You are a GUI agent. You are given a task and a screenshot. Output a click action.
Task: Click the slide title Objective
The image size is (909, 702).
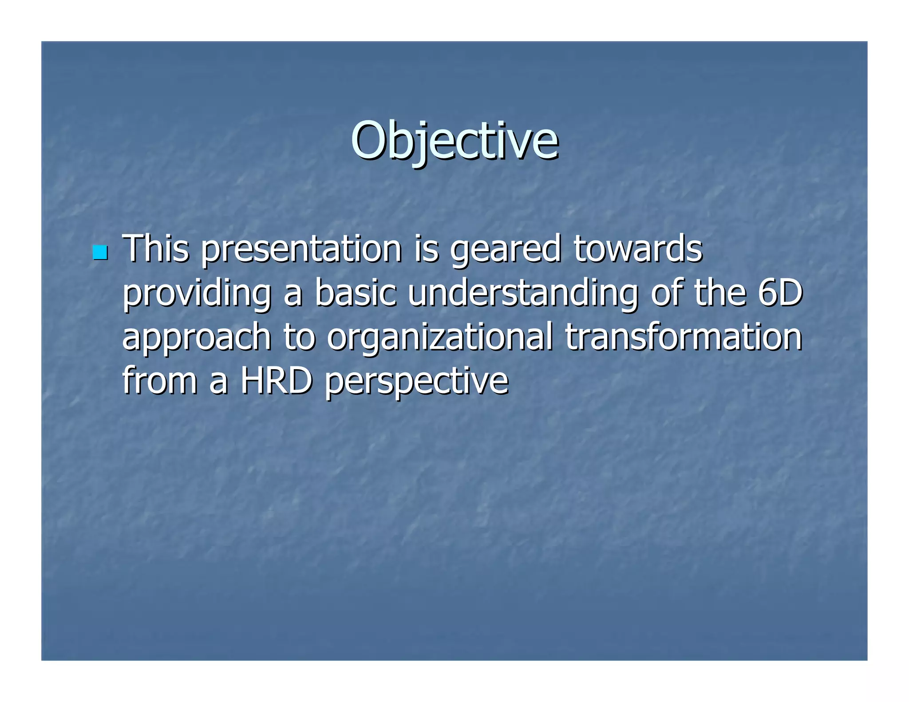pyautogui.click(x=454, y=141)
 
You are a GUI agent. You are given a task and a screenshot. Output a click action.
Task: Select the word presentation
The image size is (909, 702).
pyautogui.click(x=301, y=249)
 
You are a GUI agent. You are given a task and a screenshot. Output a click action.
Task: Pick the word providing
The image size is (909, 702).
pyautogui.click(x=197, y=294)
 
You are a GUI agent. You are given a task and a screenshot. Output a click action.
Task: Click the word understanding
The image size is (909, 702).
pyautogui.click(x=523, y=294)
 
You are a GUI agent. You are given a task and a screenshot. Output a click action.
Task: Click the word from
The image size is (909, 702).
pyautogui.click(x=159, y=380)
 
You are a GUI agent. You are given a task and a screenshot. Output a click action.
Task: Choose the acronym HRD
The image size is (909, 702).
pyautogui.click(x=276, y=380)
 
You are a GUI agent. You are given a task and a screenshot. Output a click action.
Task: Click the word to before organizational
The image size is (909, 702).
pyautogui.click(x=299, y=337)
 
